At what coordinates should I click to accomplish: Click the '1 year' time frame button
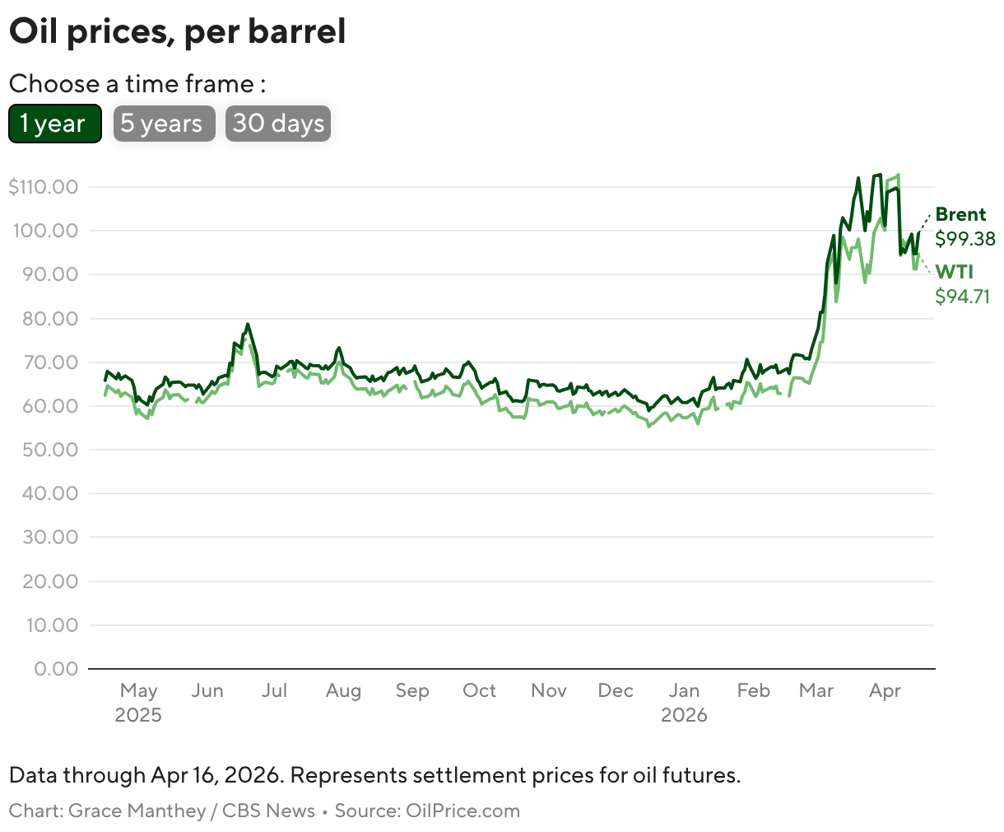[54, 124]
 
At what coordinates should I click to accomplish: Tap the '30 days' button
[278, 124]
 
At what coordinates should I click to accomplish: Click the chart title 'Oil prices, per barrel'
[177, 32]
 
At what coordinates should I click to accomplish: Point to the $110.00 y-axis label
[43, 187]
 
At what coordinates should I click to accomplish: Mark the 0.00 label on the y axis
[56, 668]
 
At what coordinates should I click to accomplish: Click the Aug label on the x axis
[343, 690]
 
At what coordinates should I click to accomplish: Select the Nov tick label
[548, 690]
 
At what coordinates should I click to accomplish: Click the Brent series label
[960, 215]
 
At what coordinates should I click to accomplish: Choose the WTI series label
[955, 273]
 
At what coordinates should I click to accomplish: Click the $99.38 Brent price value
[965, 239]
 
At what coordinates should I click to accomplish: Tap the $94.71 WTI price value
[963, 297]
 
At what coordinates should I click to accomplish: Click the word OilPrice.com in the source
[462, 811]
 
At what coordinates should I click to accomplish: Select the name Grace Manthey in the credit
[137, 811]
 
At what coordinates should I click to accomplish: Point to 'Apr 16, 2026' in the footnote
[216, 775]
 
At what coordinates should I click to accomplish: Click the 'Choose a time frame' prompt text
[137, 84]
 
